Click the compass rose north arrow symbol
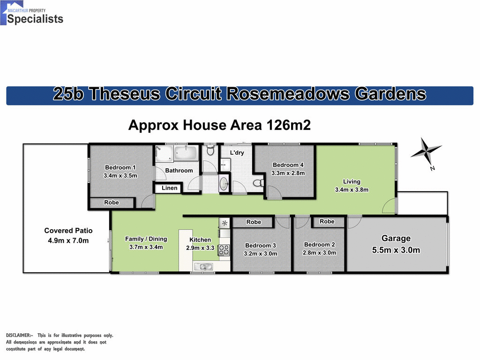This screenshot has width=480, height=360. pos(426,152)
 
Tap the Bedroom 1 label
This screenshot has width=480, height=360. pos(120,167)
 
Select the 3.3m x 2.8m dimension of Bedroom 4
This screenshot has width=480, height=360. pos(288,173)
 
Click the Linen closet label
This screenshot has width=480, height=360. pos(170,188)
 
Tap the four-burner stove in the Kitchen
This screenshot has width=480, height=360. pos(224,250)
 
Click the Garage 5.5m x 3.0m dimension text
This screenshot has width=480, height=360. pos(396,250)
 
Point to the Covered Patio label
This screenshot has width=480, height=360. pos(68,231)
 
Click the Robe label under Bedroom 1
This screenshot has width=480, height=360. pos(112,202)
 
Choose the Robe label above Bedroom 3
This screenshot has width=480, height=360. pos(254,222)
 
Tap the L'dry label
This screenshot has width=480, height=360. pos(237,153)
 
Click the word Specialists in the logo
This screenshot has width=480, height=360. pos(35,19)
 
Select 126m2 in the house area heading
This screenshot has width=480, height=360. pos(289,126)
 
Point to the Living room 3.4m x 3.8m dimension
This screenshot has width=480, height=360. pos(352,190)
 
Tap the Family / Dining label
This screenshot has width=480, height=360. pos(146,239)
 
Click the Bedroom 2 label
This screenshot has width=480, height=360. pos(320,244)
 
